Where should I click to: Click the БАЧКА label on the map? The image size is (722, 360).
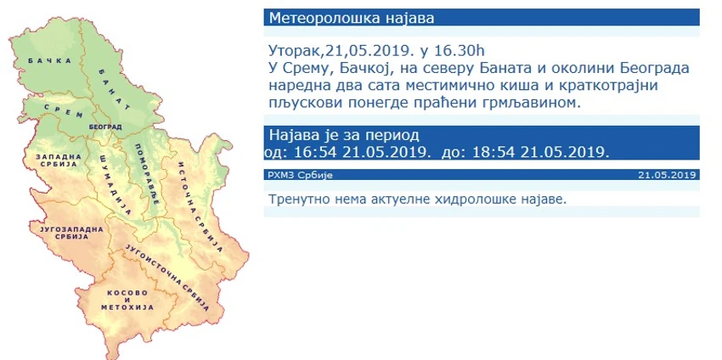click(50, 61)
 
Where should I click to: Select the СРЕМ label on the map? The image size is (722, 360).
click(64, 110)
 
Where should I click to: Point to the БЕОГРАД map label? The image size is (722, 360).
click(105, 127)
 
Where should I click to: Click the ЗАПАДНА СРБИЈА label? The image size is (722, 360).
click(59, 160)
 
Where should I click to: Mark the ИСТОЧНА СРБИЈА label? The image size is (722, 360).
click(195, 207)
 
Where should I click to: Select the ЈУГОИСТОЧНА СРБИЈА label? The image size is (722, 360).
click(168, 277)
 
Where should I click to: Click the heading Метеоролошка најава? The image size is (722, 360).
click(352, 18)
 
